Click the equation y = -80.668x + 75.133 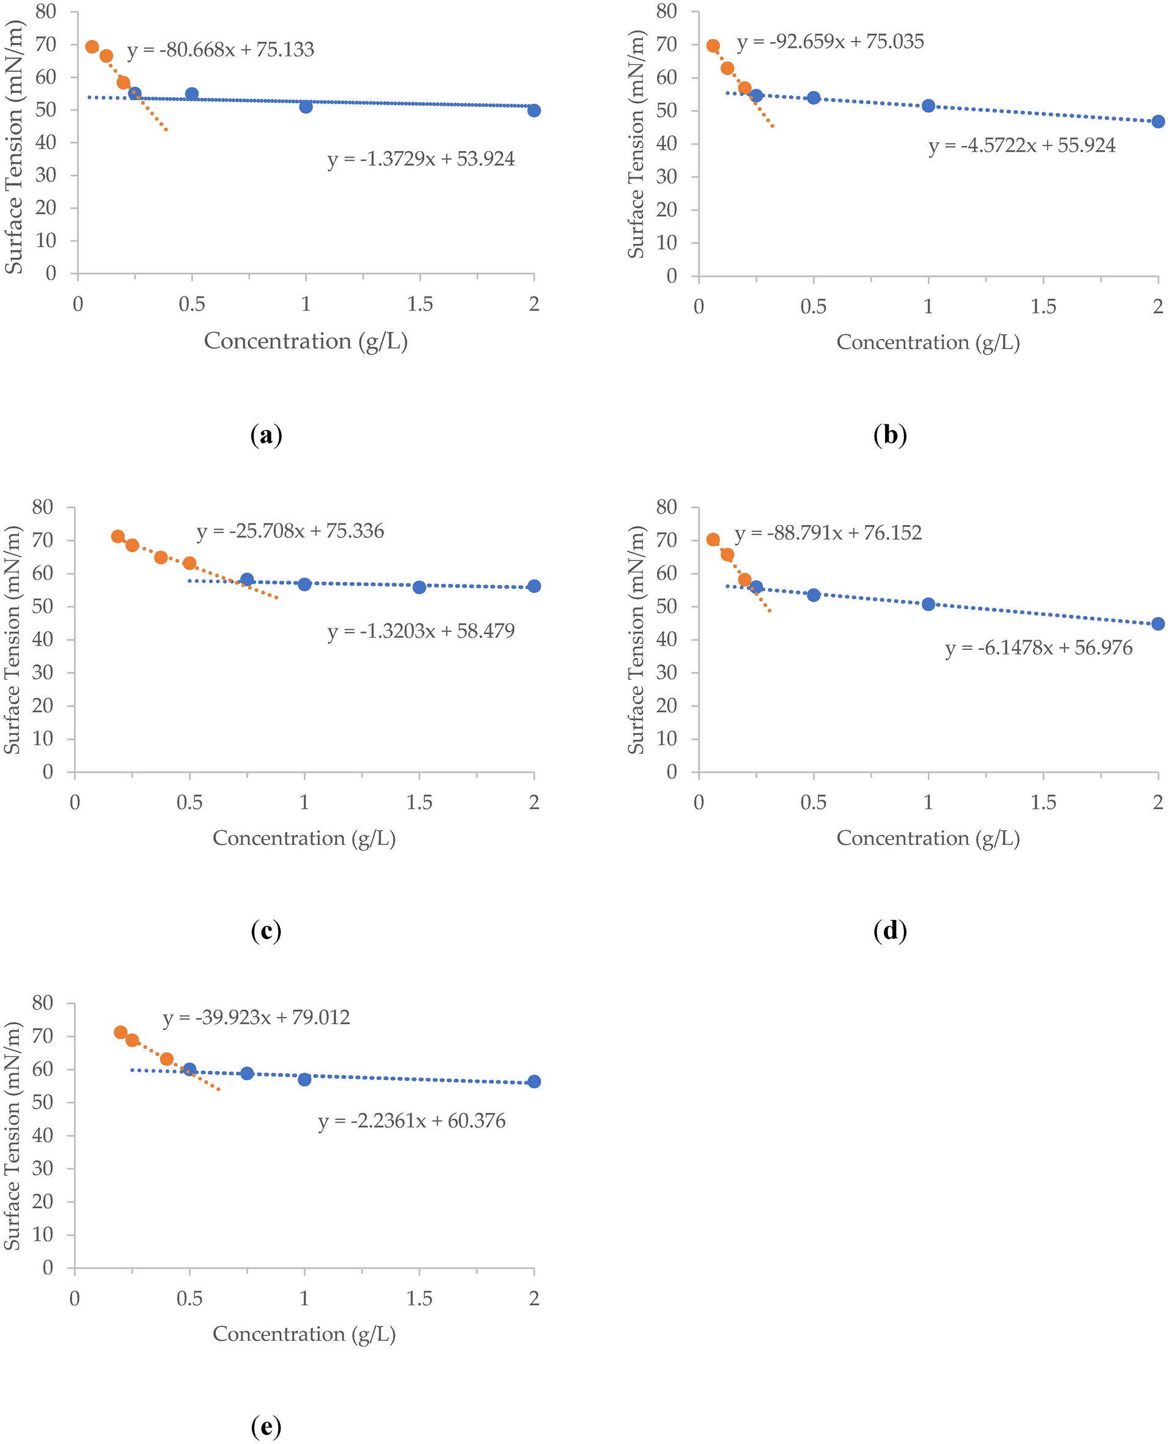220,50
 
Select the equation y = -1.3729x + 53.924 421,160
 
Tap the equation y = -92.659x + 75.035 829,42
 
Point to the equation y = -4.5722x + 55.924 1021,146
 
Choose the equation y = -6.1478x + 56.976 1038,648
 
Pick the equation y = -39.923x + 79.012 256,1017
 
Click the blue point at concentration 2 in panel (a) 534,111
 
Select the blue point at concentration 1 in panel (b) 928,106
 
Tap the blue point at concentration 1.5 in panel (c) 419,587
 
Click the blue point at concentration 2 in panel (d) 1157,624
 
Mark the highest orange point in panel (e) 120,1032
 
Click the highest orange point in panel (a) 92,46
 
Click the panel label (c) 266,930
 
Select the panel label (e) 266,1426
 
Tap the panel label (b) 889,435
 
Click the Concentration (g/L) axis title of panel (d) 928,838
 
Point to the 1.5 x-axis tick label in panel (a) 420,304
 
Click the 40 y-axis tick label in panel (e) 42,1135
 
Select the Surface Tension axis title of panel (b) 636,144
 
